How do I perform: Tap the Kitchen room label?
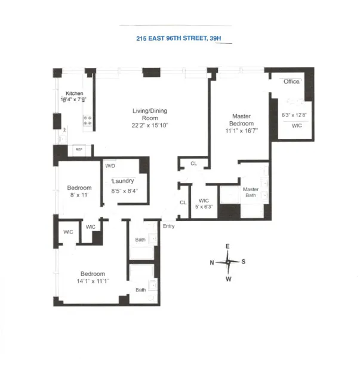75,93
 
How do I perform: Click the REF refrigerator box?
78,149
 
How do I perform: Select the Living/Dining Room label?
149,114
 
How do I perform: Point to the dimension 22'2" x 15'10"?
149,125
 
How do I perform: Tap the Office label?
291,81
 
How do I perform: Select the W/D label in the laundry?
110,165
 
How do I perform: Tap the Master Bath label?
250,193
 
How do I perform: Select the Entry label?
168,226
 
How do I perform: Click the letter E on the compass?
227,246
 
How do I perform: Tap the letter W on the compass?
228,278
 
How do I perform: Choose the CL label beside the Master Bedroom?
193,163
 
